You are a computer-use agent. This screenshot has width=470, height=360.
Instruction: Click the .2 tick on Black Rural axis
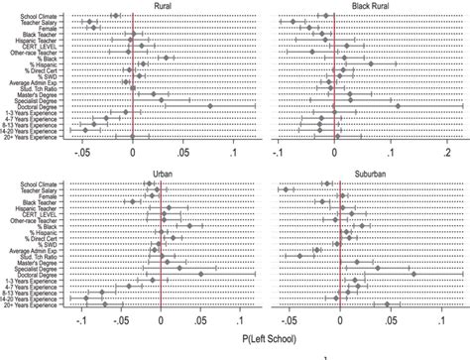tap(448, 155)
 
